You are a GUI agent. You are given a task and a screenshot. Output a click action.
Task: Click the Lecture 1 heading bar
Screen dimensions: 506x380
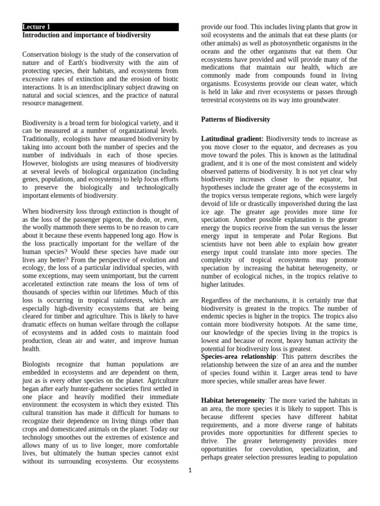[100, 27]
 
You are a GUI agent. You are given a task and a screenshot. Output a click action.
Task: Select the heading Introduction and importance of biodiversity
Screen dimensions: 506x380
[87, 36]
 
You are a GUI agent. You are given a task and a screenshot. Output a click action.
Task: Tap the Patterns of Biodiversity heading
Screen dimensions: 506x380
[236, 120]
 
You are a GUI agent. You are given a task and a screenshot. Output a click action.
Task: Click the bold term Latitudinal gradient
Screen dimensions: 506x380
[232, 139]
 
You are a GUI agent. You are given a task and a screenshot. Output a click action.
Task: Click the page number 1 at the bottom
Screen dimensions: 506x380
[190, 470]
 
